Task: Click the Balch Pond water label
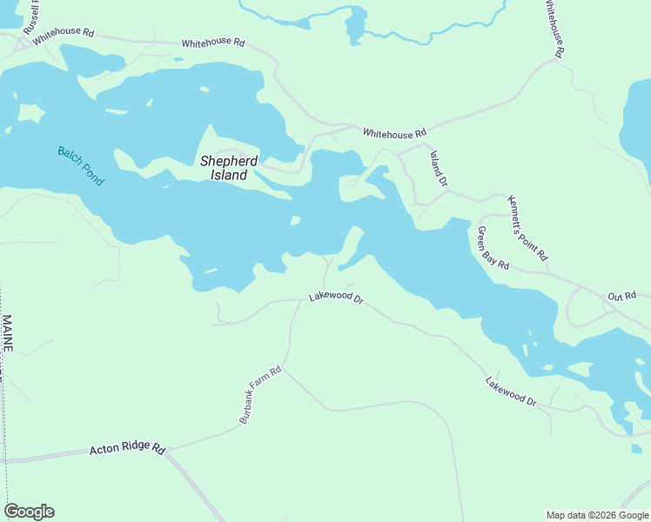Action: tap(80, 165)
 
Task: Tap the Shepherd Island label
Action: tap(229, 168)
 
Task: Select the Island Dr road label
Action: tap(438, 169)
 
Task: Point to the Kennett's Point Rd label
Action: tap(527, 228)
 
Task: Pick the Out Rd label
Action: tap(622, 296)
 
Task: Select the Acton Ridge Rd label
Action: tap(127, 450)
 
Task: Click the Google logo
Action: tap(29, 512)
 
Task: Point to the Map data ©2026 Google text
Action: tap(596, 515)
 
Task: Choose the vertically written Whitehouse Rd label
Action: tap(554, 28)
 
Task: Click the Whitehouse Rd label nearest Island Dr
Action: tap(394, 133)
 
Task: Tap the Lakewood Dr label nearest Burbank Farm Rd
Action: tap(335, 298)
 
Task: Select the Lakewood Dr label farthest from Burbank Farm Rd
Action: tap(513, 390)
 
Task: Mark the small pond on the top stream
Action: tap(356, 24)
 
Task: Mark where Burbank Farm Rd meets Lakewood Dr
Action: tap(292, 301)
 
